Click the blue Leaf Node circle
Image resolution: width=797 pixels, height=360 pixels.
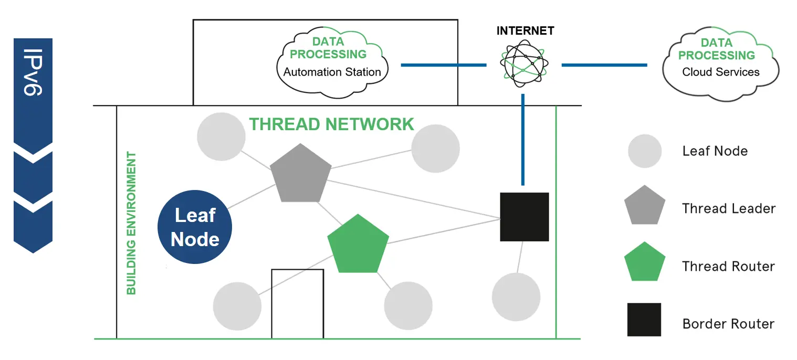point(195,227)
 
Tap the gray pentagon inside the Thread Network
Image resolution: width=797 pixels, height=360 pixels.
point(301,174)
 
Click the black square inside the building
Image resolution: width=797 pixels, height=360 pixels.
point(525,217)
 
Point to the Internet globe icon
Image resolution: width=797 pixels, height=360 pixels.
point(524,63)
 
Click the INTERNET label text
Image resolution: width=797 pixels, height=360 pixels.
point(525,31)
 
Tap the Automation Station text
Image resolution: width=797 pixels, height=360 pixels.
point(332,72)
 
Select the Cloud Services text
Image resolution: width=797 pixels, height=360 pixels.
point(720,72)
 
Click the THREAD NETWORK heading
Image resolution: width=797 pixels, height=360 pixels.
point(331,124)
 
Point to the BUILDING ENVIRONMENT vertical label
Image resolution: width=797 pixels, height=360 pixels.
point(131,224)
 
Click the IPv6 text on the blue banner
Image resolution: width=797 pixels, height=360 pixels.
point(33,72)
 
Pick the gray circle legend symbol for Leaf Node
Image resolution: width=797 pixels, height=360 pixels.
point(645,151)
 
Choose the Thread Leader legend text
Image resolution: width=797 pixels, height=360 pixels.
point(729,208)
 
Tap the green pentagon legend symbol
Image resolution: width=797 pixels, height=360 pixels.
point(645,262)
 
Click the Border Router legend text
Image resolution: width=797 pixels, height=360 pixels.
point(728,324)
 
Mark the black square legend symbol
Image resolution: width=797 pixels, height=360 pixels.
point(644,320)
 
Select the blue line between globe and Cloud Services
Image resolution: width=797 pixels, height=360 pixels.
point(604,65)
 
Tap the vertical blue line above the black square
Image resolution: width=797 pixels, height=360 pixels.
point(523,140)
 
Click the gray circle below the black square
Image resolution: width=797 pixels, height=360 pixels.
point(516,297)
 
